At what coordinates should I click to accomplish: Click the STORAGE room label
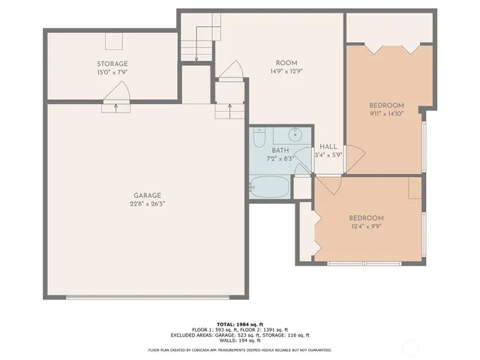click(112, 64)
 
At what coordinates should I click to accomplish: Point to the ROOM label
click(287, 63)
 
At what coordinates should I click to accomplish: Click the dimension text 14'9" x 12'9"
click(287, 71)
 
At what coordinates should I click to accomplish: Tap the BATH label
click(280, 150)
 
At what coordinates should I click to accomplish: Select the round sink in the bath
click(297, 135)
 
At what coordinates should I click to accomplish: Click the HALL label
click(328, 146)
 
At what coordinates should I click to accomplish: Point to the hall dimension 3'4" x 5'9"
click(328, 155)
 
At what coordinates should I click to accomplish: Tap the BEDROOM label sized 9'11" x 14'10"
click(387, 105)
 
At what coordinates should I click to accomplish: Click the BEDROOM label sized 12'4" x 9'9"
click(366, 217)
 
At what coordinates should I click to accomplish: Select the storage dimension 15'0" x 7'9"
click(112, 73)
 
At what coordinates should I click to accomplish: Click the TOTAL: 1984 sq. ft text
click(239, 323)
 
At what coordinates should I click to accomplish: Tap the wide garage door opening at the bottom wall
click(148, 298)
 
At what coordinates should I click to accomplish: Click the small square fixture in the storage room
click(113, 41)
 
